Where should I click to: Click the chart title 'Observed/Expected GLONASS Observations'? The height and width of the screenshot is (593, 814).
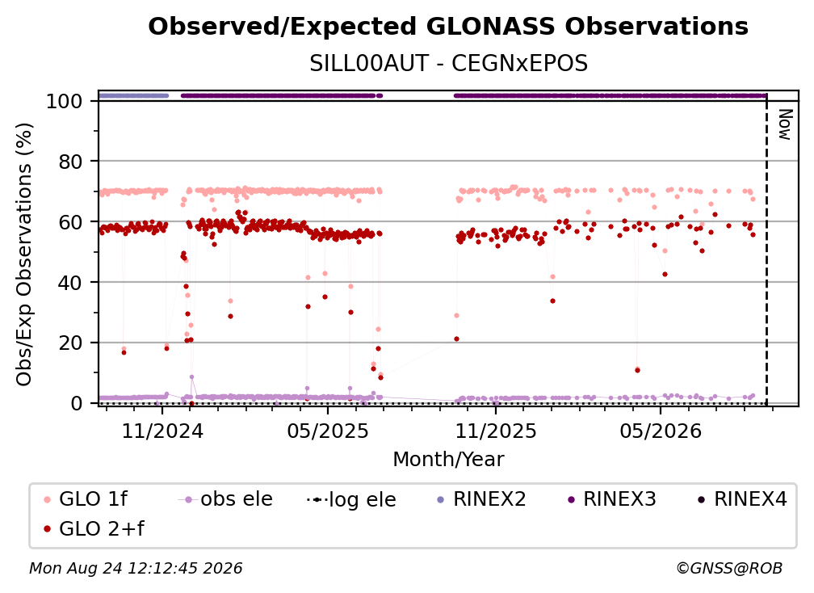[x=448, y=27]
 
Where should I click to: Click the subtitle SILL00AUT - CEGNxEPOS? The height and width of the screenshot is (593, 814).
[x=448, y=64]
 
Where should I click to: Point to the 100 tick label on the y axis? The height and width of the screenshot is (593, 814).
[x=65, y=101]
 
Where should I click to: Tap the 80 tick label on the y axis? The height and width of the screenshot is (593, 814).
[x=70, y=162]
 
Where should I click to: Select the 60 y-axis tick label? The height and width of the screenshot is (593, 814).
[x=70, y=222]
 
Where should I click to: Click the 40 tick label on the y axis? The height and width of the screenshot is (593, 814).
[x=70, y=283]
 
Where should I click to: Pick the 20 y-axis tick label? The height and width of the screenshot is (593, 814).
[x=70, y=343]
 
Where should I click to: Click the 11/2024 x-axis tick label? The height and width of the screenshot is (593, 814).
[x=162, y=431]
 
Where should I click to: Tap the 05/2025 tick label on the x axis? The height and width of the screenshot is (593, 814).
[x=328, y=431]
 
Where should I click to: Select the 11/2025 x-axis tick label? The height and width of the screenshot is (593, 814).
[x=496, y=431]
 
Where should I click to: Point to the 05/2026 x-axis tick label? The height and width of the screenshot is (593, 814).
[x=661, y=431]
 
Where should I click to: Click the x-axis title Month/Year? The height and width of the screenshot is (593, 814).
[x=448, y=460]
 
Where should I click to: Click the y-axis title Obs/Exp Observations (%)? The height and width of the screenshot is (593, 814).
[x=24, y=254]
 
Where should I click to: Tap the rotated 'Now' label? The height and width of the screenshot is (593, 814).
[x=785, y=124]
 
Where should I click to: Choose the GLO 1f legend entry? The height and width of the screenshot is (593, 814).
[x=86, y=499]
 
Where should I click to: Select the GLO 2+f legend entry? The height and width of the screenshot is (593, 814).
[x=94, y=528]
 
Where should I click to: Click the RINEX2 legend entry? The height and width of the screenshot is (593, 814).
[x=482, y=499]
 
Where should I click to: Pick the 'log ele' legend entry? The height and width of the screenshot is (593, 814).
[x=351, y=499]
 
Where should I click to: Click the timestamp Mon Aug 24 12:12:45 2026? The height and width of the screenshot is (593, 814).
[x=136, y=568]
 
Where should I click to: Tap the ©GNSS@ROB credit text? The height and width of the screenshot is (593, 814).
[x=729, y=568]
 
